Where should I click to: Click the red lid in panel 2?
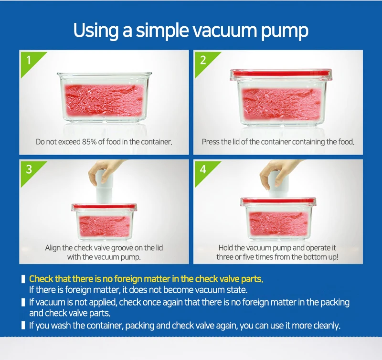281,74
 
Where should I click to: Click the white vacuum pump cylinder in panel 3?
104,190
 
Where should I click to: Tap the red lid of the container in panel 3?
104,207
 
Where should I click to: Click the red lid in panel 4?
278,201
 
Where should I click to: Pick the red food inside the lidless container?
104,100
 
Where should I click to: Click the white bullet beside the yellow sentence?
23,279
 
